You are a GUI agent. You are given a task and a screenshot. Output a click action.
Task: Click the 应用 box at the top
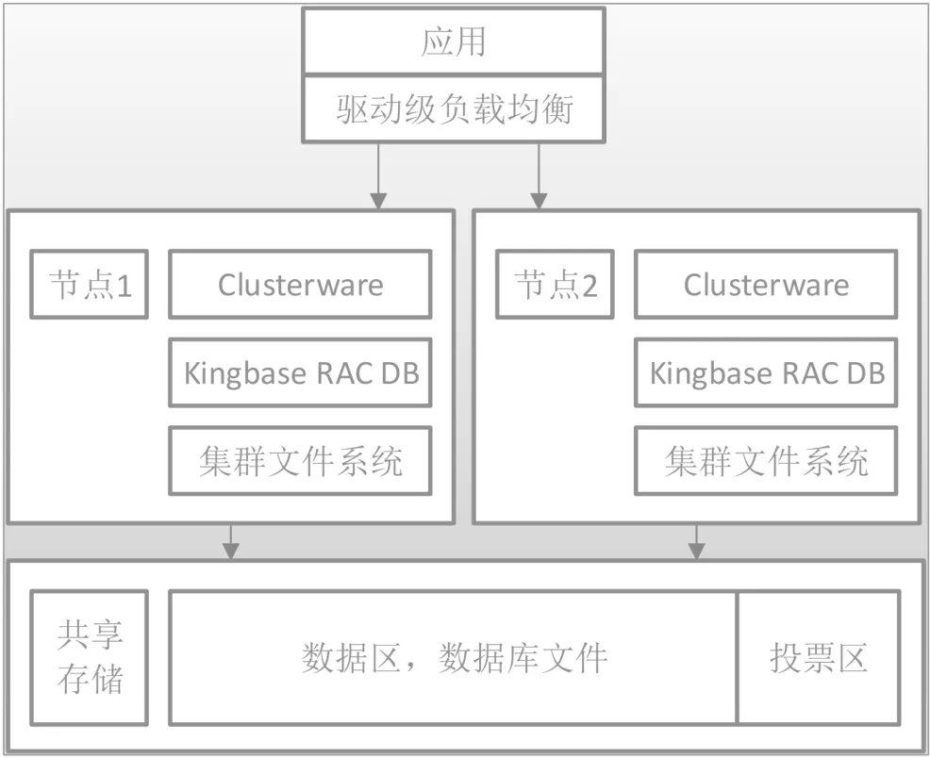tap(454, 43)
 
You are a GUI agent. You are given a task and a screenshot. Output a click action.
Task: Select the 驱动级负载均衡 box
tap(454, 110)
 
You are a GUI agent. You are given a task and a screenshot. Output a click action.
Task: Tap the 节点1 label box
tap(90, 284)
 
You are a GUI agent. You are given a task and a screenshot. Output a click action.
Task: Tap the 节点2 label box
tap(556, 284)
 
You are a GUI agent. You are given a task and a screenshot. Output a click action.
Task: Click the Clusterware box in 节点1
tap(300, 284)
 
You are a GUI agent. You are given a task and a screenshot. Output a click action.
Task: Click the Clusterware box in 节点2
tap(766, 284)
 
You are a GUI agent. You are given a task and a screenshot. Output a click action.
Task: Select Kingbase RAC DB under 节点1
tap(300, 372)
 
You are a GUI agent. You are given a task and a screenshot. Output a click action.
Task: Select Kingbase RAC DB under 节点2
tap(766, 372)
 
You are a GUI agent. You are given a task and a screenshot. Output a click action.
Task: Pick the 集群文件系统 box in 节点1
tap(300, 461)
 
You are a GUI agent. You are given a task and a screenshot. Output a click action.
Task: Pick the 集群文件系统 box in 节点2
tap(766, 461)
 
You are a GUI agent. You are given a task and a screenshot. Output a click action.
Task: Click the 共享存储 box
tap(90, 658)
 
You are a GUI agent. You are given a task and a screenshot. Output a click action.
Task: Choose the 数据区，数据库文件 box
tap(454, 658)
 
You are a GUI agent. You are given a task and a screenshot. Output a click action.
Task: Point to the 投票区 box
tap(818, 658)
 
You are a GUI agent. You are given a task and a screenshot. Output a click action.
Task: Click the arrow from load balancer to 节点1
tap(378, 174)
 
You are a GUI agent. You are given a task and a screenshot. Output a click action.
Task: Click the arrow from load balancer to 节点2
tap(539, 174)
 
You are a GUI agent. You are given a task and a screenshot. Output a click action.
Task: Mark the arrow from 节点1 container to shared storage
tap(229, 541)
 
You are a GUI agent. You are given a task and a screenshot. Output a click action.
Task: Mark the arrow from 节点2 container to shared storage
tap(696, 541)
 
